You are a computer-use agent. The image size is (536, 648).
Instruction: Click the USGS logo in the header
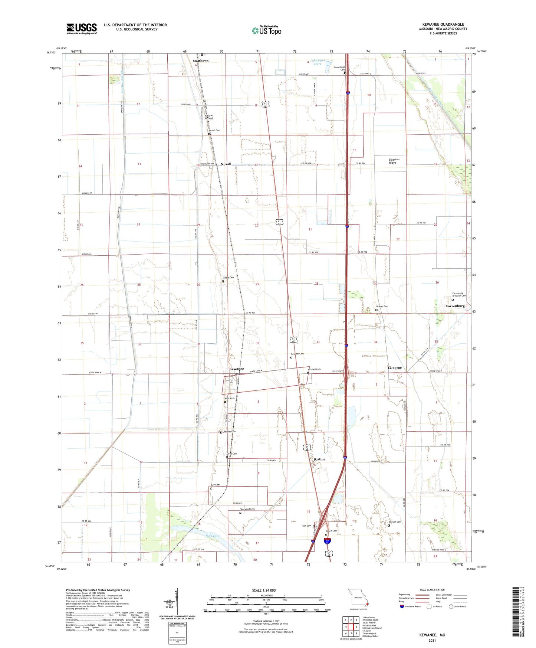point(82,29)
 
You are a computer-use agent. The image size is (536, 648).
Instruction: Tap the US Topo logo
point(266,30)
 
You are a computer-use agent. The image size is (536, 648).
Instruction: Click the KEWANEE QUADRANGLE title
point(443,24)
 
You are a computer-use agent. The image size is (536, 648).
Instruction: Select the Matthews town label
point(200,61)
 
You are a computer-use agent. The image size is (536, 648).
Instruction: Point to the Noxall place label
point(226,164)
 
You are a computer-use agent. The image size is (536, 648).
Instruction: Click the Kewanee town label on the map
point(236,369)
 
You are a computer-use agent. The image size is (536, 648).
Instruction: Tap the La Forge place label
point(395,368)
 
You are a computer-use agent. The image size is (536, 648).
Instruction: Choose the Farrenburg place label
point(455,306)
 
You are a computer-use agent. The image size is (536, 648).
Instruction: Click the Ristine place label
point(319,459)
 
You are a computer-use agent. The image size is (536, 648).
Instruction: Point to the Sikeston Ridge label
point(394,161)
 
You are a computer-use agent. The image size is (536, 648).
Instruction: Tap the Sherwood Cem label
point(247,509)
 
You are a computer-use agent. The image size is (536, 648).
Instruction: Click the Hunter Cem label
point(382,306)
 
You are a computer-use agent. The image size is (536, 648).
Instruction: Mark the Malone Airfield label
point(209,117)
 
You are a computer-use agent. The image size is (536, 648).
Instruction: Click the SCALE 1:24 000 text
point(264,590)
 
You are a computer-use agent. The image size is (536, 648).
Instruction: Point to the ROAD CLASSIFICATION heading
point(432,590)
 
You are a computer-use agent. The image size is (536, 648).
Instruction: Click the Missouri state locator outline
point(358,599)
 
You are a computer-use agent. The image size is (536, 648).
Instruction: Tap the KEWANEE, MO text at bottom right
point(432,635)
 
